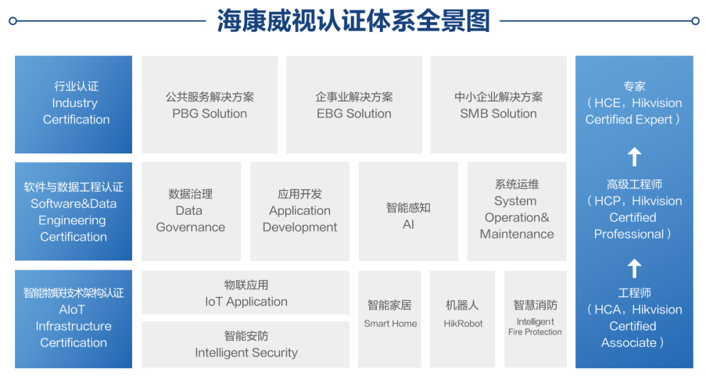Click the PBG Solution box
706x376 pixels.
pos(209,104)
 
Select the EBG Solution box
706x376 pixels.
pos(354,104)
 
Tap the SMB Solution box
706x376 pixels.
pos(498,104)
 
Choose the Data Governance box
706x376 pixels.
pos(191,211)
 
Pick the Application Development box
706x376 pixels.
pos(300,211)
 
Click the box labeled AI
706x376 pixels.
pos(409,211)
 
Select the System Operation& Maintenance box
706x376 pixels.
pos(517,211)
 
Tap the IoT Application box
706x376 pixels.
pos(245,292)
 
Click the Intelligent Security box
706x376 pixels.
pos(245,345)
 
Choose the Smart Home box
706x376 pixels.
pos(390,319)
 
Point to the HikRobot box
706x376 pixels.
pos(462,319)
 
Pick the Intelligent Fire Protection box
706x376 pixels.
pos(535,319)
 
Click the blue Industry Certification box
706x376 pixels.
pos(73,104)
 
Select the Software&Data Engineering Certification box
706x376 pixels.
pos(73,211)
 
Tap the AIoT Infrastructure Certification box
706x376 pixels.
pos(73,319)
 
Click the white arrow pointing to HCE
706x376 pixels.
pos(634,157)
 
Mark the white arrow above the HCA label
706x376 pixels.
pos(634,268)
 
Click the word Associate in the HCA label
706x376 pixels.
pos(629,343)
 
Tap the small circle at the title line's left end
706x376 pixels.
pos(12,21)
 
